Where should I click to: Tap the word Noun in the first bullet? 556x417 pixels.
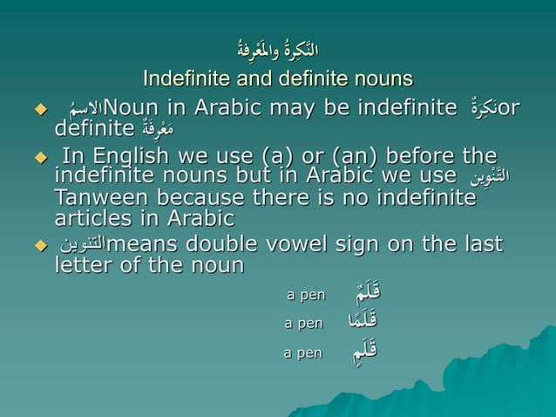(x=136, y=109)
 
